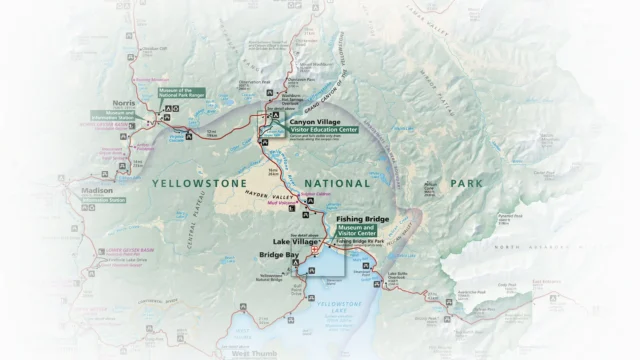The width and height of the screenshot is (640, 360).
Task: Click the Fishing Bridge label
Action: pos(362,219)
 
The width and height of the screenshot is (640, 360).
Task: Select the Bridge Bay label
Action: pos(279,256)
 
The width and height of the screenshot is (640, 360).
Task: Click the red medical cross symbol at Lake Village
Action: pos(316,252)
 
